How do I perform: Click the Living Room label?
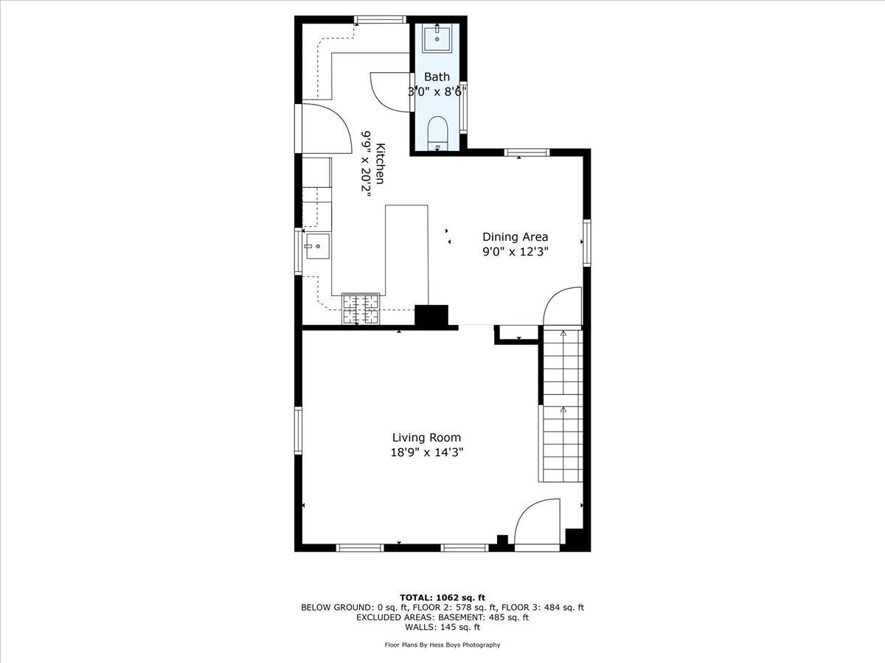(x=426, y=438)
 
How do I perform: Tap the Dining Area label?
(x=515, y=236)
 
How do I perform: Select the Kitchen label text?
(x=380, y=164)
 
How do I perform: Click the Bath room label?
(x=437, y=77)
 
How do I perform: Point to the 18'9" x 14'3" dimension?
(x=426, y=453)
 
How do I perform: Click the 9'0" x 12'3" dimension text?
(x=515, y=252)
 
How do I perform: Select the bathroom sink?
(x=437, y=38)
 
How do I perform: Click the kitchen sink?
(x=318, y=247)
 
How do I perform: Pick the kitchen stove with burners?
(x=360, y=309)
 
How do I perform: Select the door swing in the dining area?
(x=562, y=306)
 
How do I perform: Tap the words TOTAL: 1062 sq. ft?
(x=442, y=597)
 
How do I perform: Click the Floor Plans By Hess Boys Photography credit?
(x=442, y=645)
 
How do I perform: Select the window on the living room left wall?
(x=299, y=430)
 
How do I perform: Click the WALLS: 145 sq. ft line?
(x=442, y=628)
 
